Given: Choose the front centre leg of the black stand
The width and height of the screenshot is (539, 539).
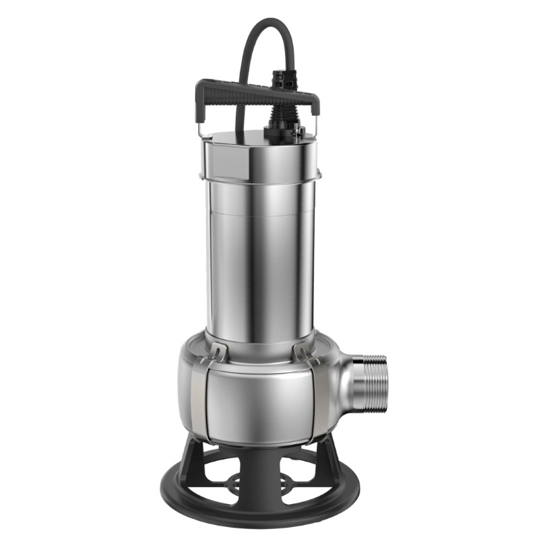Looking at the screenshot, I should pos(260,472).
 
